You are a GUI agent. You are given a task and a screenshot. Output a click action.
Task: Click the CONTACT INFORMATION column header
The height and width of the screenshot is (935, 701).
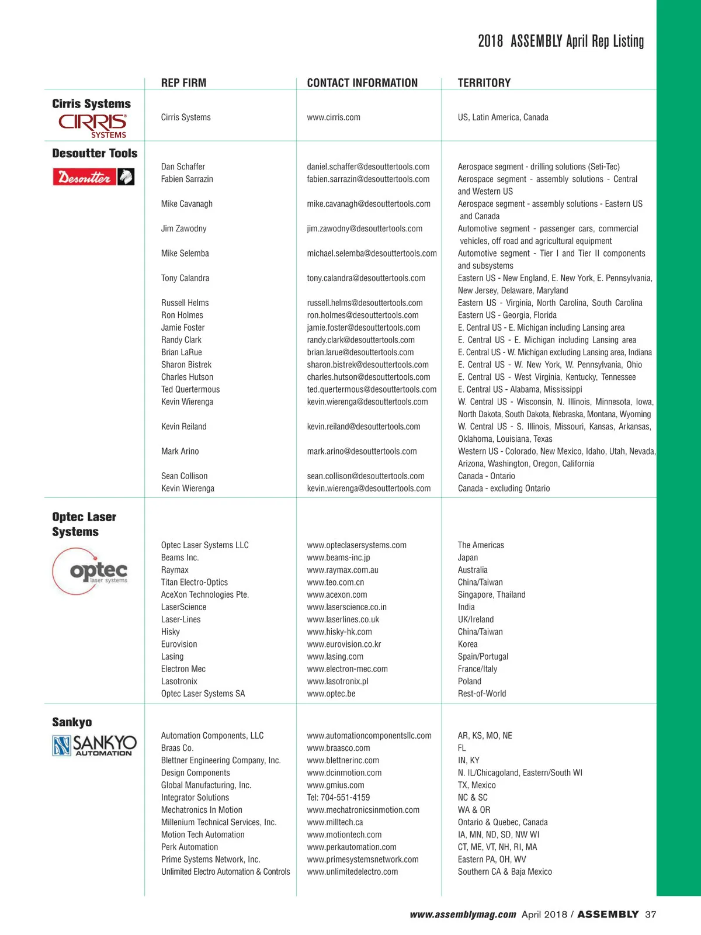click(x=362, y=83)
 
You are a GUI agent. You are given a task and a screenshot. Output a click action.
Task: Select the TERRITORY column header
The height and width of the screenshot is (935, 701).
click(x=484, y=83)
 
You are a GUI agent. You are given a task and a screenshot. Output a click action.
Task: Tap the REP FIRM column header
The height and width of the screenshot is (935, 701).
click(x=183, y=83)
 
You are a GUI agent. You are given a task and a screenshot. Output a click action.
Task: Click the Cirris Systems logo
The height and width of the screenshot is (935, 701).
click(x=92, y=126)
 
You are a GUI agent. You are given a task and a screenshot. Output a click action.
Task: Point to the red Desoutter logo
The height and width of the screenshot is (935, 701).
click(x=93, y=176)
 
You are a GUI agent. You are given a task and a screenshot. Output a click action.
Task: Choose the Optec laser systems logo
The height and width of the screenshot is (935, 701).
click(x=91, y=571)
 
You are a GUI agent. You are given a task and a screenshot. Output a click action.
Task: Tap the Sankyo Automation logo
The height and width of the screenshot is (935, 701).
click(x=95, y=745)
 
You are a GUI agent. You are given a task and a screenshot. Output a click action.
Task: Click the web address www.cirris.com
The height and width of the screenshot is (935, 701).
click(x=334, y=117)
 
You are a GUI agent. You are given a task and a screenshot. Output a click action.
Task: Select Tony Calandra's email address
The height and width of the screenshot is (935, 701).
click(x=366, y=278)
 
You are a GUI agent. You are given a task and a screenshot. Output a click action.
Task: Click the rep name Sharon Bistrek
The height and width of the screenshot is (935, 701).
click(x=186, y=365)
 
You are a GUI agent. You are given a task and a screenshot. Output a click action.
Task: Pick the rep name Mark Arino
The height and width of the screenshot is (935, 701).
click(x=180, y=451)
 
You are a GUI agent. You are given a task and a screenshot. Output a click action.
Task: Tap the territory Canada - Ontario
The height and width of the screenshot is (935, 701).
click(x=486, y=476)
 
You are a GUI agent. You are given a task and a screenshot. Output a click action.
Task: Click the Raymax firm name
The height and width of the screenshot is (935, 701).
click(x=175, y=570)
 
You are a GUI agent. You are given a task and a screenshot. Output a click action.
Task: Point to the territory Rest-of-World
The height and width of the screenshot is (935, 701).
click(x=482, y=694)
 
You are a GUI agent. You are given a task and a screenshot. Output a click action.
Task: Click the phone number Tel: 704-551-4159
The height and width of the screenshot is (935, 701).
click(x=338, y=798)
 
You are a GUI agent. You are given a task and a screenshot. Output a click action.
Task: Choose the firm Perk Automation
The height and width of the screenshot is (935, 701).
click(x=189, y=847)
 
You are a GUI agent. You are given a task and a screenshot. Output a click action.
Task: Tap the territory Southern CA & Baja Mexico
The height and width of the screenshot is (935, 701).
click(x=505, y=872)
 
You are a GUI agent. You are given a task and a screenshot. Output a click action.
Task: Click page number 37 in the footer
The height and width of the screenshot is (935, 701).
click(x=650, y=915)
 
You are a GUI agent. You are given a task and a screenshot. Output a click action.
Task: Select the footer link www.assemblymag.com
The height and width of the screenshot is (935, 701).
click(x=463, y=915)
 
